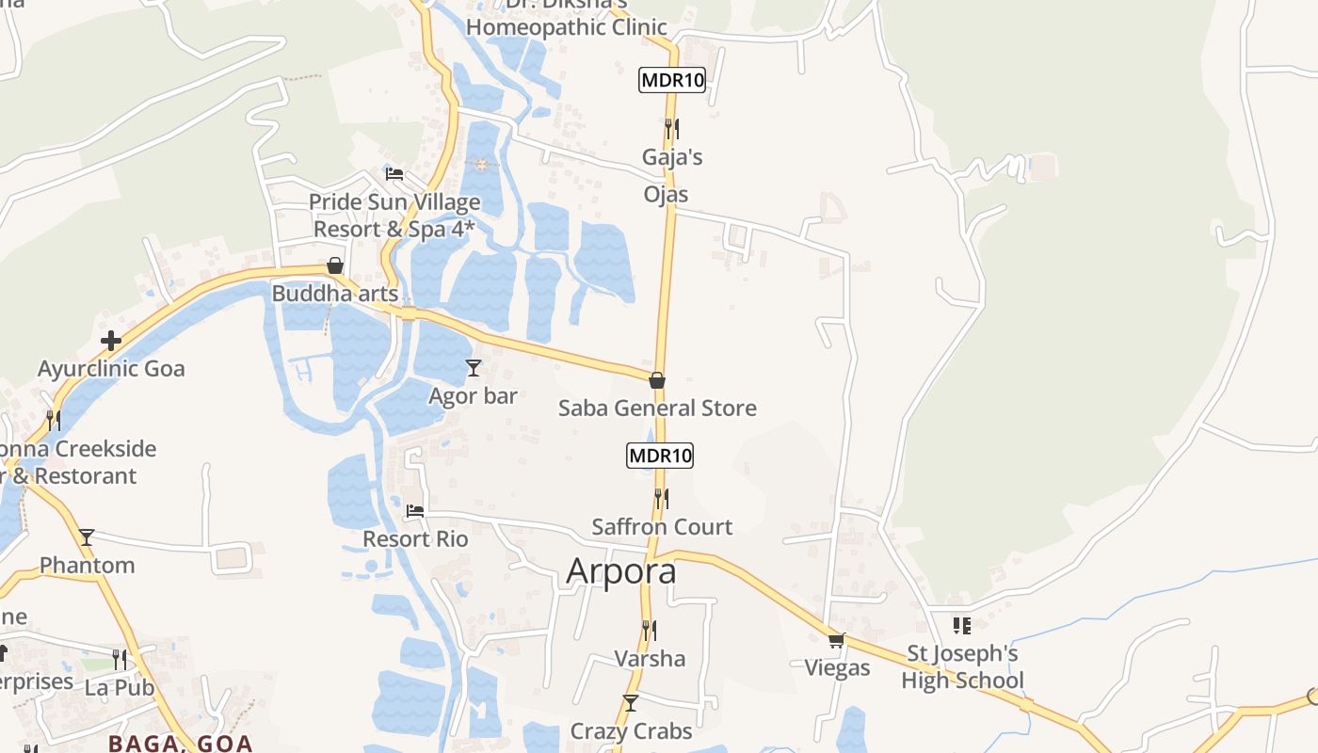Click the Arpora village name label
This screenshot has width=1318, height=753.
621,571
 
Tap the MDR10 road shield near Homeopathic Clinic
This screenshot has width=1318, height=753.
671,80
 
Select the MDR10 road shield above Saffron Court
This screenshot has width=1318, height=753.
660,457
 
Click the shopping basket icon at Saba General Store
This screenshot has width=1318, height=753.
657,380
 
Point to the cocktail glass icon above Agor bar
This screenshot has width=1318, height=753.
474,368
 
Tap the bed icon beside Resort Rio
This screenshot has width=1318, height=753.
415,512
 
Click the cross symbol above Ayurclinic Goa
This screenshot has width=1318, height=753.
111,340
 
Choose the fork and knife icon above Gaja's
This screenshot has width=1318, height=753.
671,128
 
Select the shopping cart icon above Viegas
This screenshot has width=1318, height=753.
836,641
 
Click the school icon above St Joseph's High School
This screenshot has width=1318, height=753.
961,625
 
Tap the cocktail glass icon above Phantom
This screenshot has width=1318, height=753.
87,537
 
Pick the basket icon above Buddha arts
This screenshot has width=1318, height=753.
334,266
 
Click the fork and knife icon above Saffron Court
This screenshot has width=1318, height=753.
662,499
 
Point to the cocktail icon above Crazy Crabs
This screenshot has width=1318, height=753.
631,703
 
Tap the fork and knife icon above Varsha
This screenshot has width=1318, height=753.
649,630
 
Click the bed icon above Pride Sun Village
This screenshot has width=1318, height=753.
394,174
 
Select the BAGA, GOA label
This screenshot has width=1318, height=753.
181,744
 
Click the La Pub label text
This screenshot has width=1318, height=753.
120,688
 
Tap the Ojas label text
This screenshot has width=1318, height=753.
667,195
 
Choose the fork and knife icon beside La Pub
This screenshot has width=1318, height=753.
120,659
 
